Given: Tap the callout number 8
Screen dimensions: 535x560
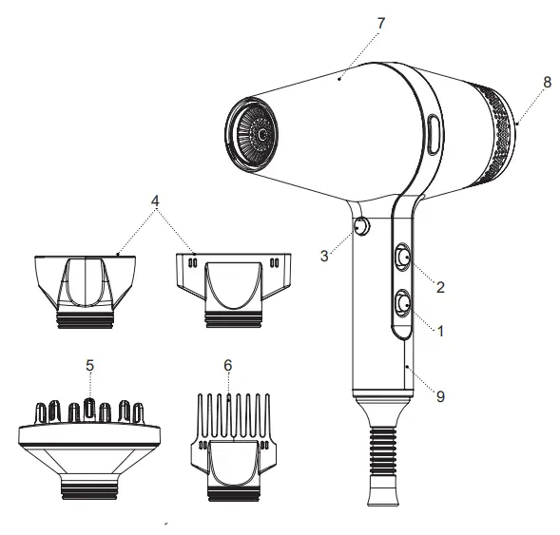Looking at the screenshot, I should pyautogui.click(x=546, y=83).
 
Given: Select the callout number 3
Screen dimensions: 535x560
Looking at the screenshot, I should pyautogui.click(x=325, y=256).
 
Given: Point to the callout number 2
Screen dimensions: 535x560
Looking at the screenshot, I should pyautogui.click(x=440, y=284).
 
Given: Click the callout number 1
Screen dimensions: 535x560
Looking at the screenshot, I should pyautogui.click(x=439, y=332).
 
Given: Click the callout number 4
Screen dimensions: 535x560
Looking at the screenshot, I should pyautogui.click(x=155, y=201).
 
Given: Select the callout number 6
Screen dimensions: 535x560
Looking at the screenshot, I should pyautogui.click(x=228, y=364).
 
